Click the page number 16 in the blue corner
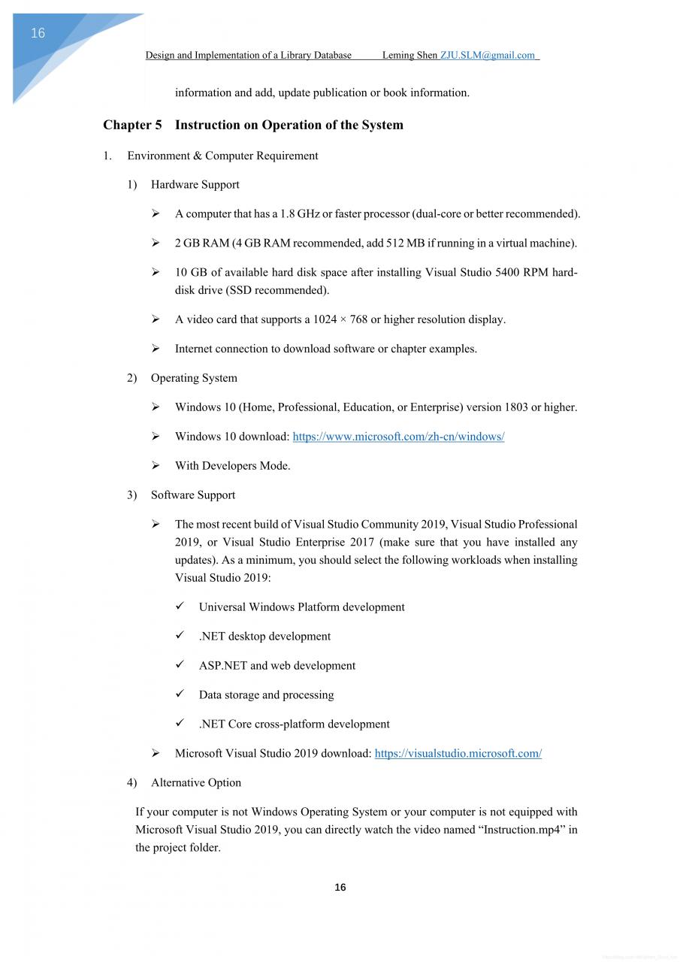click(x=38, y=33)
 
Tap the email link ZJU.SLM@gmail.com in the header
click(x=488, y=55)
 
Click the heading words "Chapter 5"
click(x=132, y=125)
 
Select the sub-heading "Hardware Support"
click(x=195, y=185)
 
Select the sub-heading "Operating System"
click(x=194, y=378)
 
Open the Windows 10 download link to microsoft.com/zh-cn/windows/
click(x=398, y=437)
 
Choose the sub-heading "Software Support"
click(x=193, y=495)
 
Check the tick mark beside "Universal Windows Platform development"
click(x=180, y=607)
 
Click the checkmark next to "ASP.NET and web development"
click(x=180, y=665)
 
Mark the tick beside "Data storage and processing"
click(x=180, y=694)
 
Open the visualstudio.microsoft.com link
click(x=458, y=754)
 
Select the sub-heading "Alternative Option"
click(x=196, y=783)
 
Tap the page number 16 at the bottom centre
click(x=340, y=888)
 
